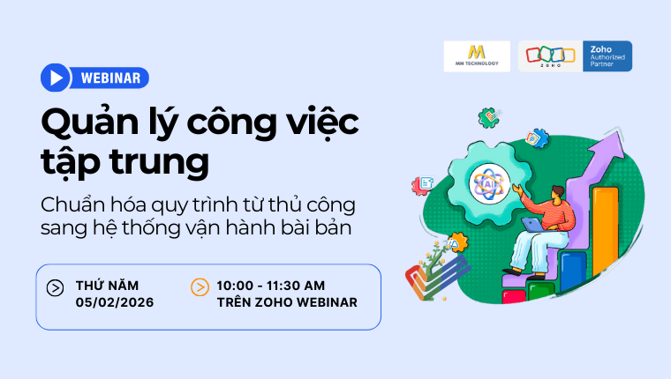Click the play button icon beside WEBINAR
(55, 78)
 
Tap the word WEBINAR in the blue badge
(110, 78)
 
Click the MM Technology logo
(477, 56)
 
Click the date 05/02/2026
(115, 302)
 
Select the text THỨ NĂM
(108, 285)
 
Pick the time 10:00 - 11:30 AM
(271, 285)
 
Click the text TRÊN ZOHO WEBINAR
(287, 302)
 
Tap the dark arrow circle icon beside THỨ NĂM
(55, 287)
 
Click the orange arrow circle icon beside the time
(200, 287)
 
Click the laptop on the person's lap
(532, 224)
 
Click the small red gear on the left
(423, 184)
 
